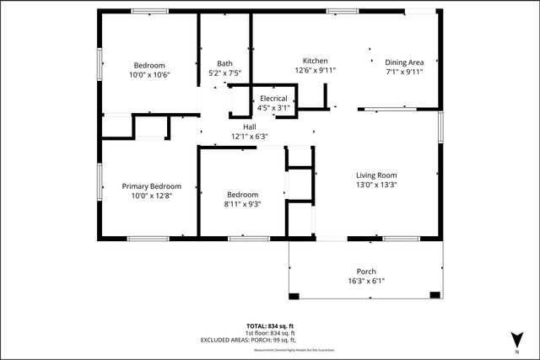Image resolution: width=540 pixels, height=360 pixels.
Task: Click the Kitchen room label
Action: click(316, 61)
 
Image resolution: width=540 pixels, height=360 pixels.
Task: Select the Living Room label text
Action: click(376, 175)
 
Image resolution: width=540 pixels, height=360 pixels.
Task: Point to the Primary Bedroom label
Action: click(151, 185)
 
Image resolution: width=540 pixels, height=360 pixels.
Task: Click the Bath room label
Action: click(224, 63)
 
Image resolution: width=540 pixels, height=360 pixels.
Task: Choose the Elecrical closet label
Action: click(273, 99)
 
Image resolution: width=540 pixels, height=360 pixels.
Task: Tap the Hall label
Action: click(249, 126)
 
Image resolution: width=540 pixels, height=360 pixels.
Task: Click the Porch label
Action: click(366, 271)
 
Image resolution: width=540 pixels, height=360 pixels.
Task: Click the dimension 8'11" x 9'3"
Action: click(241, 204)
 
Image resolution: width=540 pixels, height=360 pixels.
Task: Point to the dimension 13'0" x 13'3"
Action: click(376, 185)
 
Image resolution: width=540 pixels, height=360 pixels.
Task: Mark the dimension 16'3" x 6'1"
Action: click(366, 282)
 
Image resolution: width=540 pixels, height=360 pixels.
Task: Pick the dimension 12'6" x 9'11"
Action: click(316, 71)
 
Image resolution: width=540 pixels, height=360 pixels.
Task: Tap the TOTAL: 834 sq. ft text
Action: click(269, 325)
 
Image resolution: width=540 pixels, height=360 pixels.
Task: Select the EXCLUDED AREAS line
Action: click(269, 340)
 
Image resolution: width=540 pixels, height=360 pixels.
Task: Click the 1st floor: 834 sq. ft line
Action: click(269, 333)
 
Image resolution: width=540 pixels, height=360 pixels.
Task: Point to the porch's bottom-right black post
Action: click(435, 295)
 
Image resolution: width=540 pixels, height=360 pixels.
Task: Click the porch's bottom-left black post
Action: click(294, 295)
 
